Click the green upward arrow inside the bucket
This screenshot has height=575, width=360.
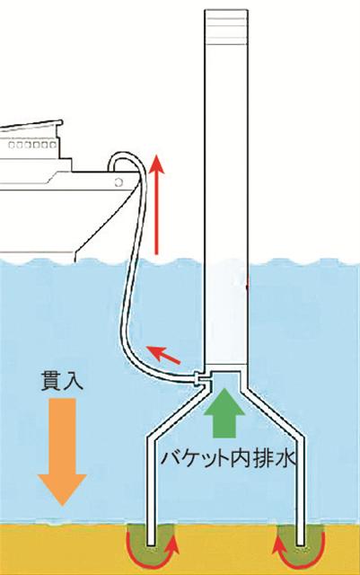coord(224,413)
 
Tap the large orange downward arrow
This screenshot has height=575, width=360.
coord(62,451)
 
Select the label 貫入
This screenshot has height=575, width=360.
coord(62,381)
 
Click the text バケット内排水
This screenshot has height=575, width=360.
coord(228,457)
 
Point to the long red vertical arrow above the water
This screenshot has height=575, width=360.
coord(156,204)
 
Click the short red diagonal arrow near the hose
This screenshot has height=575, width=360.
coord(163,355)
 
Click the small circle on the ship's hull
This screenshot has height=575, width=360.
coord(118,181)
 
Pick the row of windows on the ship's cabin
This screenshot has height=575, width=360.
coord(32,145)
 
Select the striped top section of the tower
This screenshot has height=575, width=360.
coord(226,27)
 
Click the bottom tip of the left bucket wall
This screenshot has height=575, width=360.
coord(150,544)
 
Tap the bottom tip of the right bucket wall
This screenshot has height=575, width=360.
coord(301,544)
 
